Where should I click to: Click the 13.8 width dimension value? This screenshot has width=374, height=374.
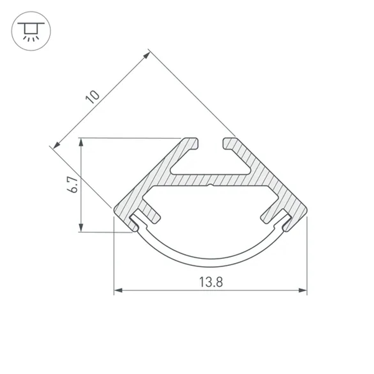click(x=211, y=282)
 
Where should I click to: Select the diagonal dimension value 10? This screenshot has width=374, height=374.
click(x=93, y=96)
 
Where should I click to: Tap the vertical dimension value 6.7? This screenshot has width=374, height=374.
click(x=73, y=185)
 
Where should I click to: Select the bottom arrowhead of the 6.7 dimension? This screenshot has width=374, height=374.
click(x=80, y=227)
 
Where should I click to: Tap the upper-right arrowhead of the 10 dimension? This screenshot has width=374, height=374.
click(x=147, y=55)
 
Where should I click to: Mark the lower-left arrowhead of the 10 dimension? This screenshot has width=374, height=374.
click(x=56, y=145)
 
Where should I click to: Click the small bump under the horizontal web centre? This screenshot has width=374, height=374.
click(x=210, y=185)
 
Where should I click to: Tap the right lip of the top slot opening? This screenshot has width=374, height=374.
click(x=229, y=144)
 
